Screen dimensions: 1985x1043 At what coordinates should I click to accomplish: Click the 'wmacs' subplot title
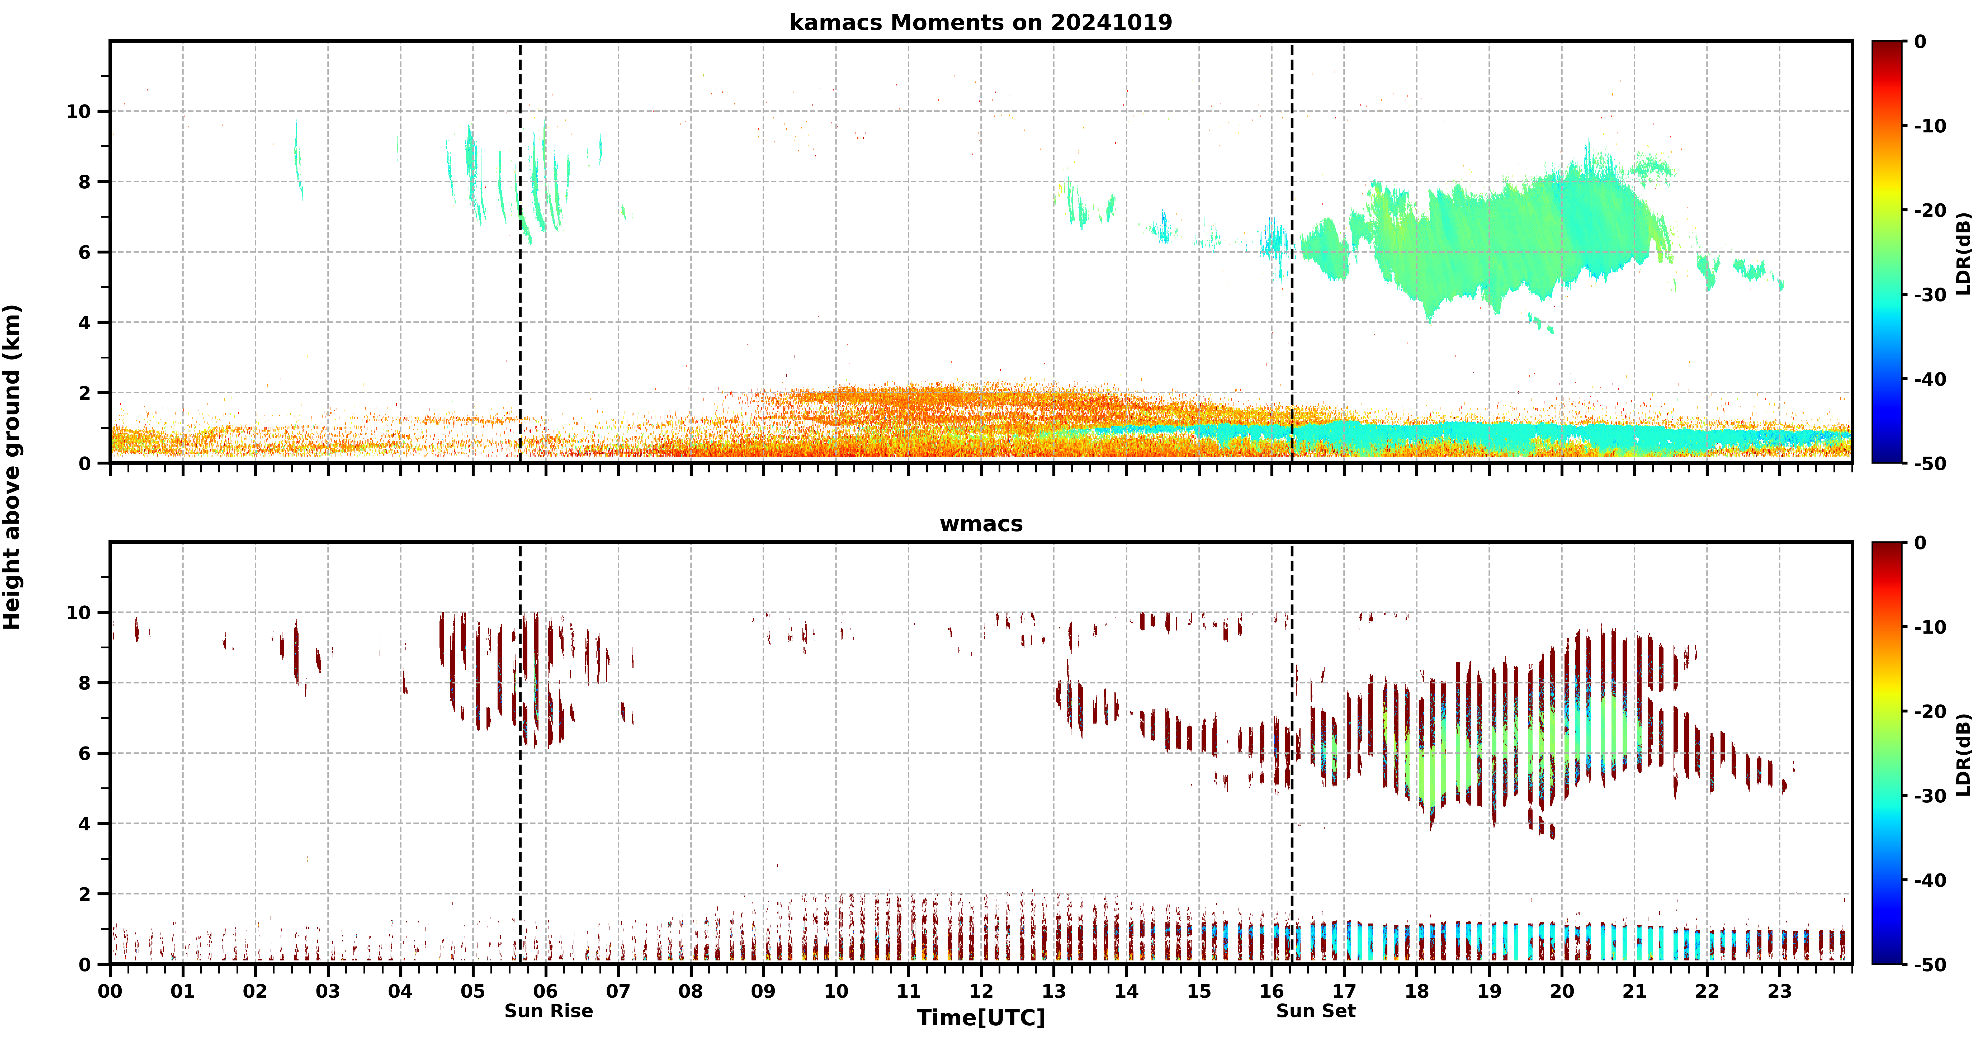coord(981,524)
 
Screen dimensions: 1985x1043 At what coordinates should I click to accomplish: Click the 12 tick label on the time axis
coord(981,991)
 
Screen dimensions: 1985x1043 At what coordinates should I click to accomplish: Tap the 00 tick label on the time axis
coord(110,991)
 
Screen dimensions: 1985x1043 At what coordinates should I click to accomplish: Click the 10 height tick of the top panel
coord(79,112)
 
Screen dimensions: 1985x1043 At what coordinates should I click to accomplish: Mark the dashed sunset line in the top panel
coord(1292,252)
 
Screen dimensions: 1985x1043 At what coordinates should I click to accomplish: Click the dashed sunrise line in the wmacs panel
coord(520,753)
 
